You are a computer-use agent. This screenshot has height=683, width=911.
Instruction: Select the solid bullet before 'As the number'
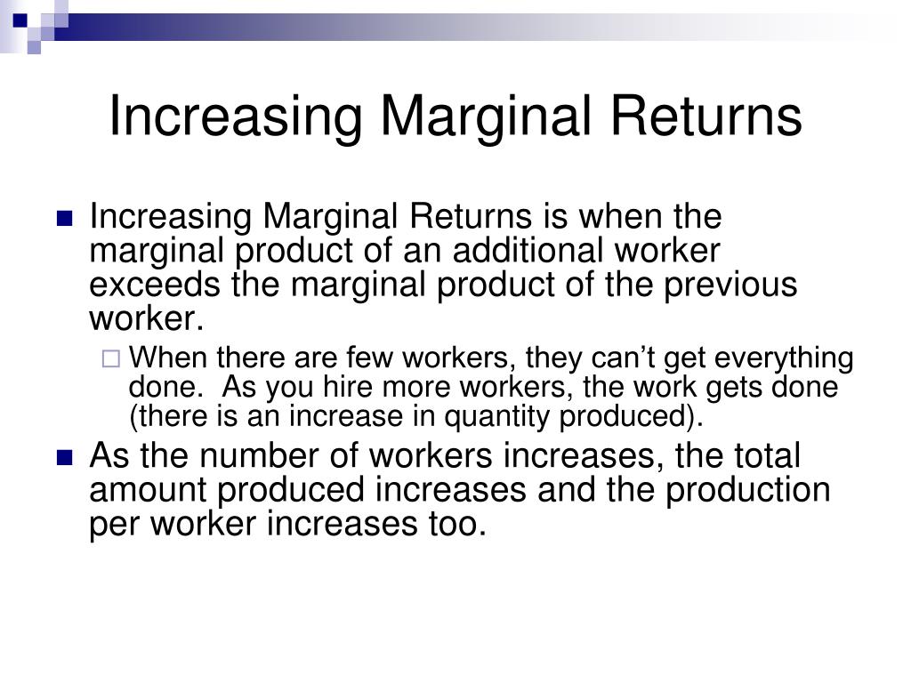pos(64,458)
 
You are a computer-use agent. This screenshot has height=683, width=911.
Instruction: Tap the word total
pos(764,457)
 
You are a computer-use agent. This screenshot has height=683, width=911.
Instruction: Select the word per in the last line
pos(111,526)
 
